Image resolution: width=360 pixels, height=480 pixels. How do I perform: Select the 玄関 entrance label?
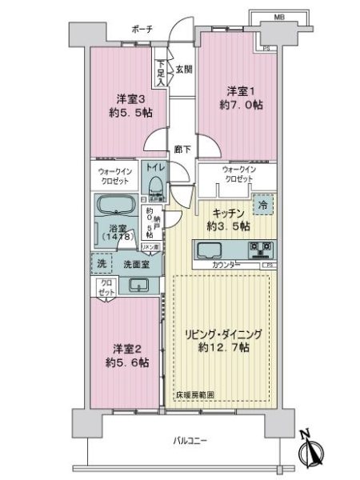tap(183, 69)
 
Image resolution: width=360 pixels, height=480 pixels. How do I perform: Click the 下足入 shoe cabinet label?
tap(162, 74)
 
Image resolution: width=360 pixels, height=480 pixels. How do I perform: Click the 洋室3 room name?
tap(129, 99)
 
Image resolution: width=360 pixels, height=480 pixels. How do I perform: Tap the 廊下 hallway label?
tap(182, 149)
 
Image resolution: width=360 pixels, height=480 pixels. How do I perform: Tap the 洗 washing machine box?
tap(101, 264)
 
